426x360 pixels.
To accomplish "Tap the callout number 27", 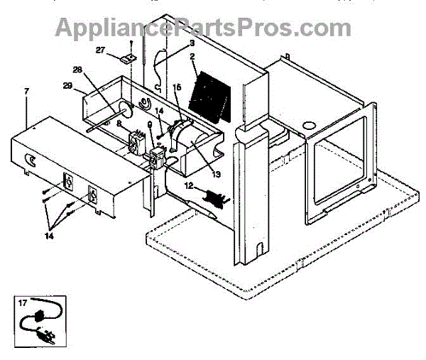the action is click(x=100, y=50).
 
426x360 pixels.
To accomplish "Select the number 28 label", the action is click(x=77, y=69).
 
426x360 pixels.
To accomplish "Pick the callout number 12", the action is click(x=189, y=185).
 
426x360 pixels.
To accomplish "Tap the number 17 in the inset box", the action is click(x=23, y=303).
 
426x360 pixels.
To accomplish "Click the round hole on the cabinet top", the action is click(x=310, y=126).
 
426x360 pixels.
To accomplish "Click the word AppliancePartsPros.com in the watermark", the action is click(x=203, y=28).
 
